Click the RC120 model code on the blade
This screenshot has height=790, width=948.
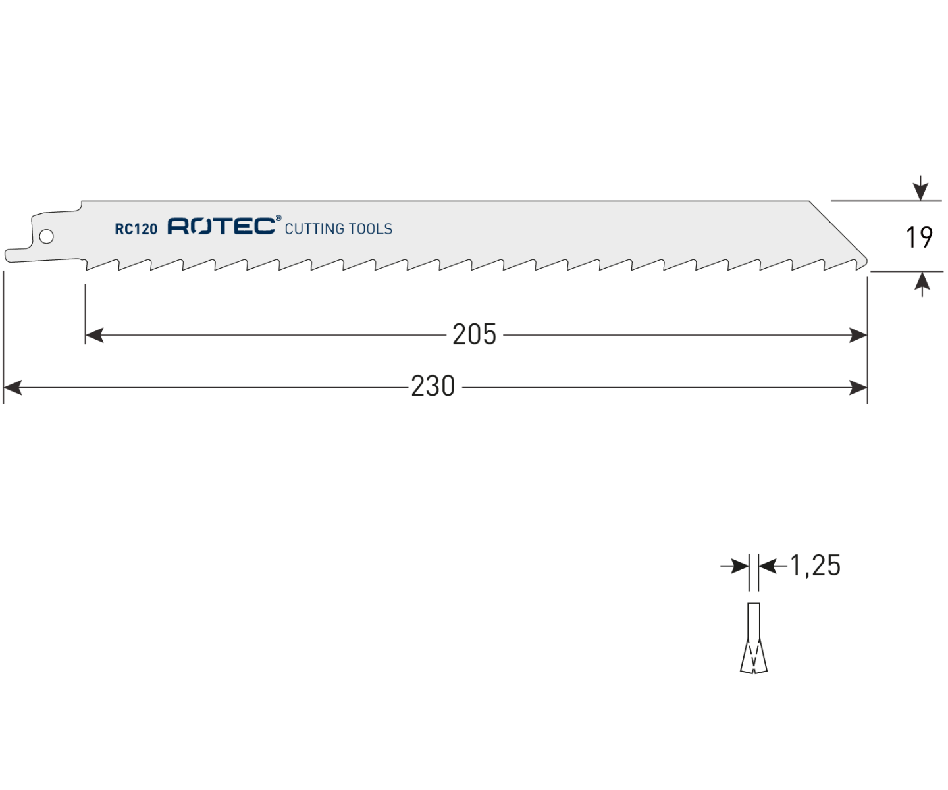tap(136, 229)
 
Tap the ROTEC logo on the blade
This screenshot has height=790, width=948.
tap(221, 226)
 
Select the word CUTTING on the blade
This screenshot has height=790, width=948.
tap(314, 229)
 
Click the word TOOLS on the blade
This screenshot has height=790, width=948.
tap(370, 229)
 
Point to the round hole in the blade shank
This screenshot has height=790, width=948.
tap(46, 236)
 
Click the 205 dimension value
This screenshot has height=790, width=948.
tap(475, 334)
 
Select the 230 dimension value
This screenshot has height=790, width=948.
tap(433, 386)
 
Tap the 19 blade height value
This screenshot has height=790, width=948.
tap(920, 237)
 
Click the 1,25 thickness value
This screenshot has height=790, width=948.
tap(816, 566)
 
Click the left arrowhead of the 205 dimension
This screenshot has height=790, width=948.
tap(94, 336)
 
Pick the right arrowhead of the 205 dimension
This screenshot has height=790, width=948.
tap(858, 336)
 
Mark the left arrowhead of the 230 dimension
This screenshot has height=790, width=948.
tap(13, 388)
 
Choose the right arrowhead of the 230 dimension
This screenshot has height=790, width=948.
tap(858, 388)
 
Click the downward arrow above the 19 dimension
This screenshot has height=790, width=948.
tap(920, 188)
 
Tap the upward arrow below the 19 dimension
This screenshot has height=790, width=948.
tap(922, 284)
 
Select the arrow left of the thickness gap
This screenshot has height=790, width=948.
tap(735, 566)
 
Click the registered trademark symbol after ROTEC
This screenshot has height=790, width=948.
tap(278, 218)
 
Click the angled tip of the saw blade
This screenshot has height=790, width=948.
tap(864, 261)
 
